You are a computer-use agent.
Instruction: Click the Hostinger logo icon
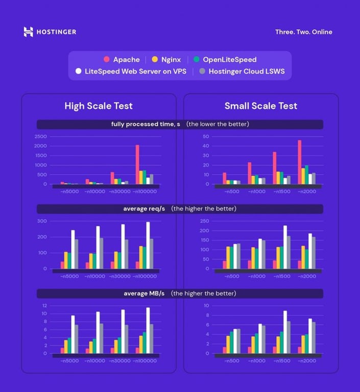tap(29, 32)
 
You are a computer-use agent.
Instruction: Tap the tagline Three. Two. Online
tap(303, 32)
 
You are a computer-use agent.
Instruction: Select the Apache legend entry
tap(122, 60)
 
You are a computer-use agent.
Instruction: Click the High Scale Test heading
tap(99, 106)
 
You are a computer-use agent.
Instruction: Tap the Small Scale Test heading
tap(261, 106)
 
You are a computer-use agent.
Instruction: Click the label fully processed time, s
tap(145, 125)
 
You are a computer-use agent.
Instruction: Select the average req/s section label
tap(145, 209)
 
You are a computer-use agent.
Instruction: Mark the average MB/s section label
tap(145, 293)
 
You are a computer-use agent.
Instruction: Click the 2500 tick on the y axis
tap(41, 137)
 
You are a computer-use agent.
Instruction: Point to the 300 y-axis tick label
tap(42, 221)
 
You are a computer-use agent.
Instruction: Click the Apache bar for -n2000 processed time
tap(299, 162)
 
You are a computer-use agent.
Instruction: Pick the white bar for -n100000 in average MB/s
tap(148, 330)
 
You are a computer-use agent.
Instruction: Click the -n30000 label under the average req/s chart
tap(121, 276)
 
